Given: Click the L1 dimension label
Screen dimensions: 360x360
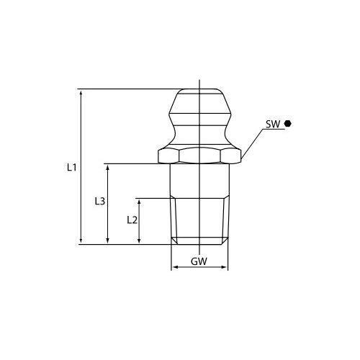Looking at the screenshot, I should pyautogui.click(x=71, y=167).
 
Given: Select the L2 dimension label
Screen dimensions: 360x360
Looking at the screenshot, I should pyautogui.click(x=131, y=220).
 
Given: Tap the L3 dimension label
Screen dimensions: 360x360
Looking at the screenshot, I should pyautogui.click(x=100, y=202).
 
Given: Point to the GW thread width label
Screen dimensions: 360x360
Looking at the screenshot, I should pyautogui.click(x=199, y=261).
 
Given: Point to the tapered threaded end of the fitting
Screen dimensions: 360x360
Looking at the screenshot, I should pyautogui.click(x=199, y=220).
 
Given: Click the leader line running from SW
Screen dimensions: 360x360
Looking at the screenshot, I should pyautogui.click(x=252, y=142).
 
